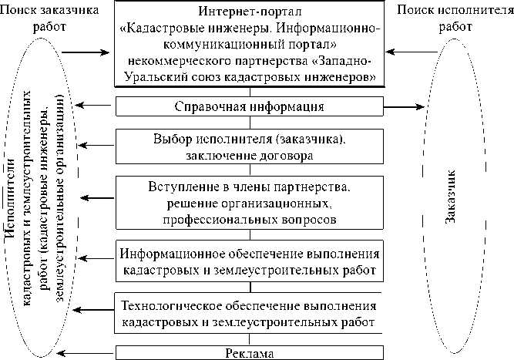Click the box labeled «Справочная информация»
(x=248, y=106)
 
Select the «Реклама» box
(x=248, y=353)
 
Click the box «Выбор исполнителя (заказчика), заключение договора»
(x=248, y=146)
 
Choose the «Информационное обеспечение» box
(x=248, y=261)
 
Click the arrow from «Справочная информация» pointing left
(x=96, y=106)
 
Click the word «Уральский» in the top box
(x=154, y=77)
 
